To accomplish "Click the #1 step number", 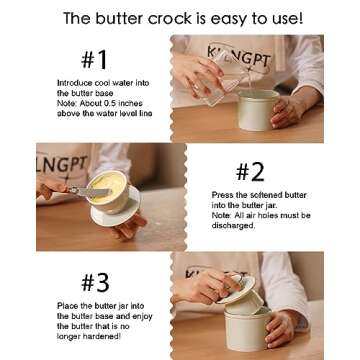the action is click(x=94, y=60).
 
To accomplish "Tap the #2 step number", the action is click(x=250, y=173).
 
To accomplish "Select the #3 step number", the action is click(x=95, y=283).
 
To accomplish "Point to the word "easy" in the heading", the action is click(x=229, y=19).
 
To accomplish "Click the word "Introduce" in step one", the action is click(x=72, y=83).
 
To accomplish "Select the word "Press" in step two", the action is click(x=221, y=195).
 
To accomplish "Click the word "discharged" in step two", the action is click(x=233, y=226).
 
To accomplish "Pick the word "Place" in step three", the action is click(x=66, y=306).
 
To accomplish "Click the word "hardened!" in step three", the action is click(x=104, y=336).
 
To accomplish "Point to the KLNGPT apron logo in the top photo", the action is click(x=239, y=55).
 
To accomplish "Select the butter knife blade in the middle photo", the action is click(x=94, y=192).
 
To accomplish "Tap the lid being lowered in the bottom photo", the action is click(x=238, y=289).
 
